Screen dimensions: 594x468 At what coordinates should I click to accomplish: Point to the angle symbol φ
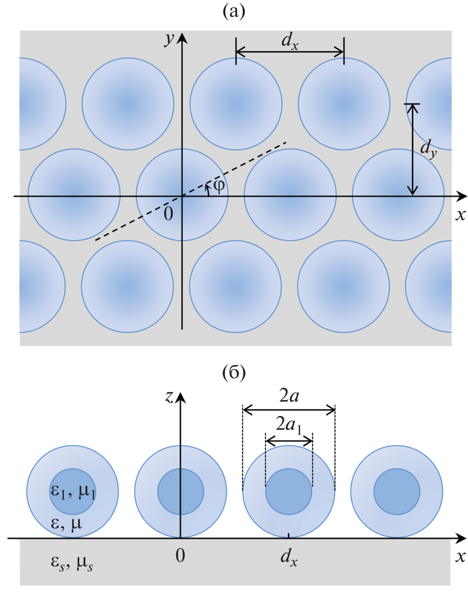click(x=218, y=187)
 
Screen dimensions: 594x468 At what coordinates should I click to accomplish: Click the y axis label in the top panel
click(x=171, y=40)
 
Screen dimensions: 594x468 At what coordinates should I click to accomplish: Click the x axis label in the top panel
click(x=461, y=215)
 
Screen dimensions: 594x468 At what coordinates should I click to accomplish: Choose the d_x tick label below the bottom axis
click(x=289, y=558)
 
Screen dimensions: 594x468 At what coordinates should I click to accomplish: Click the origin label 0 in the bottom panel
click(x=181, y=556)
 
